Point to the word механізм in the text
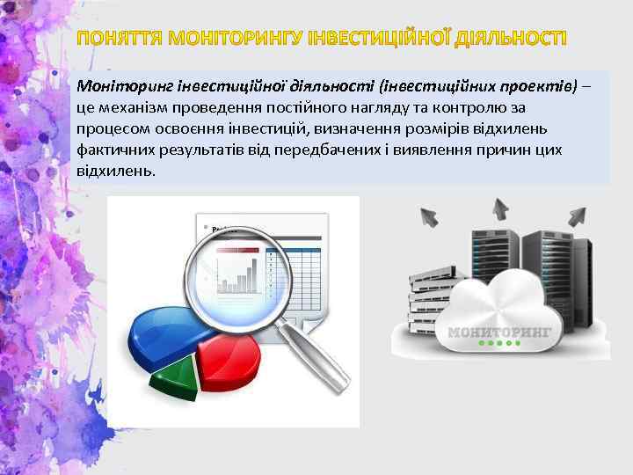(131, 108)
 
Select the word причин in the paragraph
(504, 150)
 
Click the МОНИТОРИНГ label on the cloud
(499, 332)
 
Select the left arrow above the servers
(430, 215)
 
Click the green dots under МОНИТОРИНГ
(499, 345)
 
